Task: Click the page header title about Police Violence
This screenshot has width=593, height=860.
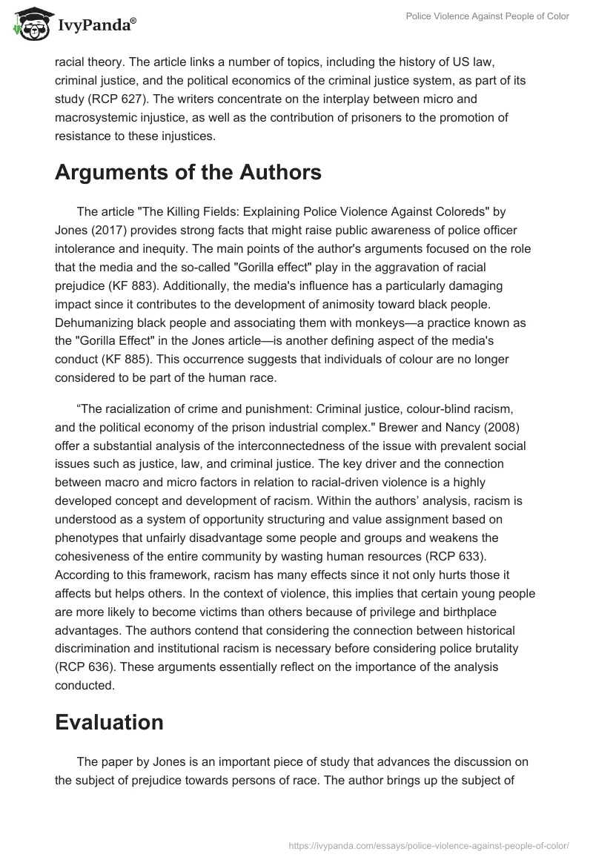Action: tap(487, 16)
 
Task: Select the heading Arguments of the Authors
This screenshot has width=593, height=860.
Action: tap(178, 173)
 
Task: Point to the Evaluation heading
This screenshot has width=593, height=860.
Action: tap(110, 723)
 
